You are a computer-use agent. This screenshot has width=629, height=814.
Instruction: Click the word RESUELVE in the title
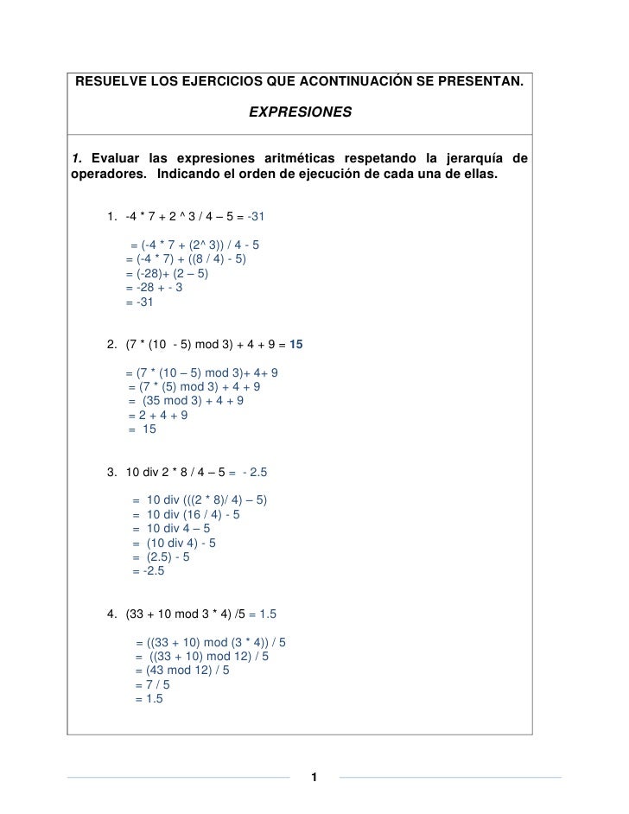(108, 84)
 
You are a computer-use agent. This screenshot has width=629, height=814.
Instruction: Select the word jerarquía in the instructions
(474, 158)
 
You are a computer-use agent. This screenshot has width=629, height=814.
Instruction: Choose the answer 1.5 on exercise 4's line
(263, 614)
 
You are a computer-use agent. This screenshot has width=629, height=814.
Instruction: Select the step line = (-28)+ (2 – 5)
(169, 273)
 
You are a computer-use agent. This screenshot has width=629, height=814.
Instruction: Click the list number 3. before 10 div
(111, 473)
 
